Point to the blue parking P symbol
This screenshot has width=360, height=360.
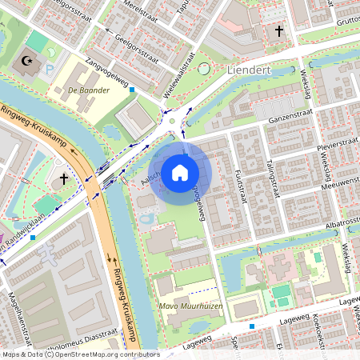click(50, 70)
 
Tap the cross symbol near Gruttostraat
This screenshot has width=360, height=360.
click(279, 31)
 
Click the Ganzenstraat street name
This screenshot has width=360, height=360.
click(278, 118)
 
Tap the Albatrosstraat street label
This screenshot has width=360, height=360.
click(329, 222)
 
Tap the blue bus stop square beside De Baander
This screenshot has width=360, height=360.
click(132, 90)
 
